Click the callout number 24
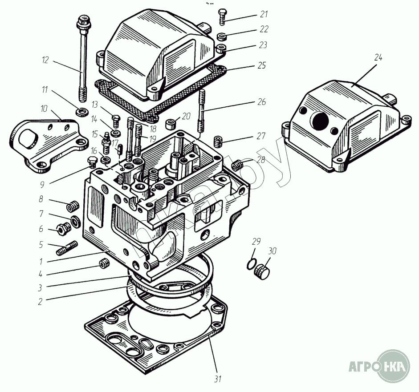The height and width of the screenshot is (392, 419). pyautogui.click(x=378, y=58)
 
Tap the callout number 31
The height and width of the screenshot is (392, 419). pyautogui.click(x=218, y=379)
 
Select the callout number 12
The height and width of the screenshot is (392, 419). pyautogui.click(x=45, y=60)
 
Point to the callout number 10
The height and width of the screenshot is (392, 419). pyautogui.click(x=44, y=109)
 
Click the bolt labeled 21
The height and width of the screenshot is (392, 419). pyautogui.click(x=222, y=16)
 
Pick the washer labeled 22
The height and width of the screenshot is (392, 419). pyautogui.click(x=222, y=36)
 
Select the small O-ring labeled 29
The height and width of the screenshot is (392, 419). pyautogui.click(x=251, y=264)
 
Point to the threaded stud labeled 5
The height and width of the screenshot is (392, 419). pyautogui.click(x=67, y=248)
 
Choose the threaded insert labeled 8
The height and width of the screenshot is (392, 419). pyautogui.click(x=73, y=206)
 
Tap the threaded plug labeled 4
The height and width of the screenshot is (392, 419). pyautogui.click(x=104, y=263)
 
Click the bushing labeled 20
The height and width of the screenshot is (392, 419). pyautogui.click(x=171, y=124)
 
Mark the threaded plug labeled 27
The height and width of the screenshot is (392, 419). pyautogui.click(x=219, y=141)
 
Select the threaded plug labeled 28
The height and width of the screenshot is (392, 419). pyautogui.click(x=236, y=165)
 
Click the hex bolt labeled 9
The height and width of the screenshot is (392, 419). pyautogui.click(x=92, y=162)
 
